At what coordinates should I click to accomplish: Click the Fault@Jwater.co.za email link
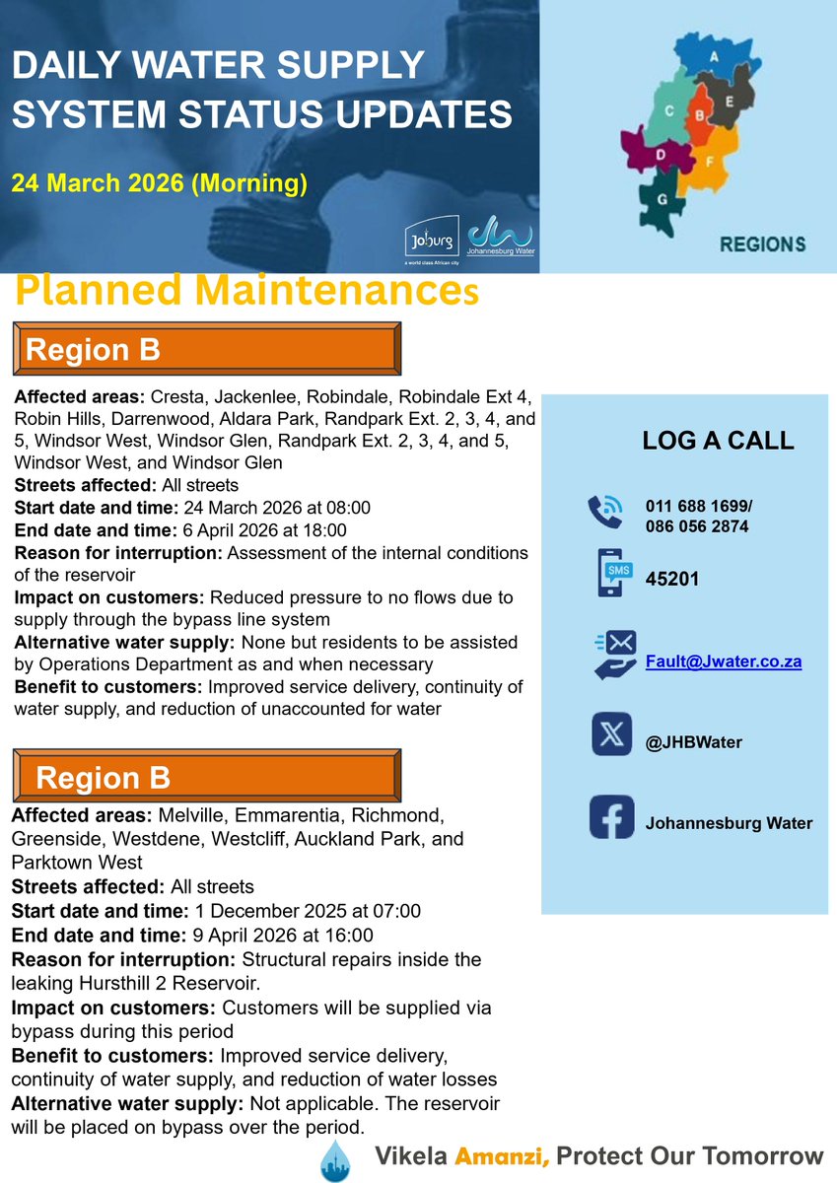tap(723, 661)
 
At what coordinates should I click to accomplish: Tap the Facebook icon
tap(611, 817)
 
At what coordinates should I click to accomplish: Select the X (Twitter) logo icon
tap(611, 734)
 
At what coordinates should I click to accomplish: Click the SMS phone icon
tap(611, 573)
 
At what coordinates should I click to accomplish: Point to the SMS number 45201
tap(672, 579)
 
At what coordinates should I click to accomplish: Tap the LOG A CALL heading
tap(718, 440)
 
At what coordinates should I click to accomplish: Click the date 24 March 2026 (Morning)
tap(159, 182)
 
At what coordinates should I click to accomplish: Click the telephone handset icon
tap(604, 512)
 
